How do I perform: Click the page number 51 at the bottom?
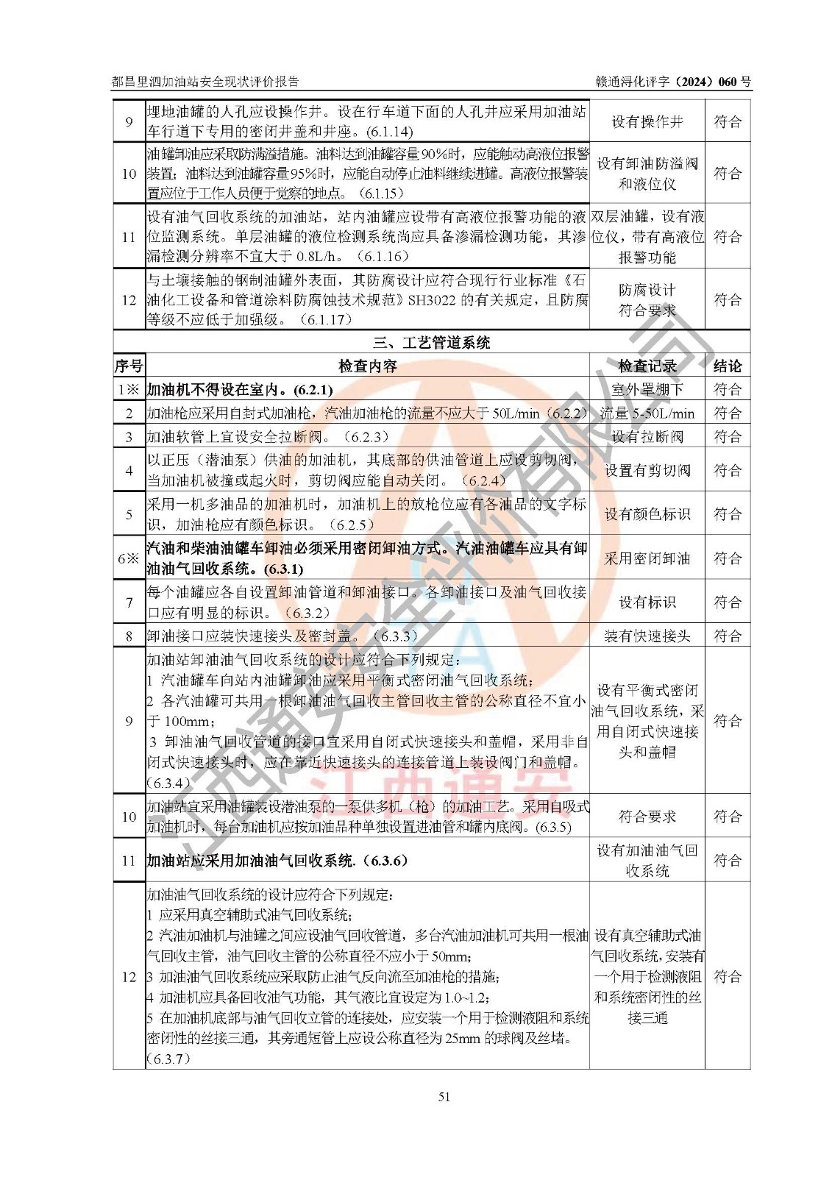pyautogui.click(x=444, y=1097)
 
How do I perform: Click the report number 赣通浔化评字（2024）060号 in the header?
pyautogui.click(x=673, y=82)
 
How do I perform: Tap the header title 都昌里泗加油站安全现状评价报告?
pyautogui.click(x=205, y=82)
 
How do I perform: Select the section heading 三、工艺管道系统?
pyautogui.click(x=431, y=343)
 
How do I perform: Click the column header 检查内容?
pyautogui.click(x=367, y=366)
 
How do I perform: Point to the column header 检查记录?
pyautogui.click(x=647, y=366)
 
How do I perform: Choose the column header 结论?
pyautogui.click(x=727, y=366)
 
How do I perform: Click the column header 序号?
pyautogui.click(x=129, y=366)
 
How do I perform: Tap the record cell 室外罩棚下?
pyautogui.click(x=647, y=390)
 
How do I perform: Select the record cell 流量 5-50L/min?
pyautogui.click(x=647, y=413)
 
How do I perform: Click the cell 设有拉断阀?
pyautogui.click(x=647, y=437)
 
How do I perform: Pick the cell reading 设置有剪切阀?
pyautogui.click(x=647, y=470)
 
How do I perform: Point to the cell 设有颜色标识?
pyautogui.click(x=647, y=514)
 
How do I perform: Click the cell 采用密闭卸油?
pyautogui.click(x=647, y=558)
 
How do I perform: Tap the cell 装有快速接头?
pyautogui.click(x=647, y=636)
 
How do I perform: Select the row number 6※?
pyautogui.click(x=129, y=558)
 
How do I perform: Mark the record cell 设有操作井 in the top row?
pyautogui.click(x=647, y=122)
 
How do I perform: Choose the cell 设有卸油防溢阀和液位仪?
pyautogui.click(x=647, y=174)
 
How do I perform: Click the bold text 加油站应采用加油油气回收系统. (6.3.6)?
pyautogui.click(x=277, y=861)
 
